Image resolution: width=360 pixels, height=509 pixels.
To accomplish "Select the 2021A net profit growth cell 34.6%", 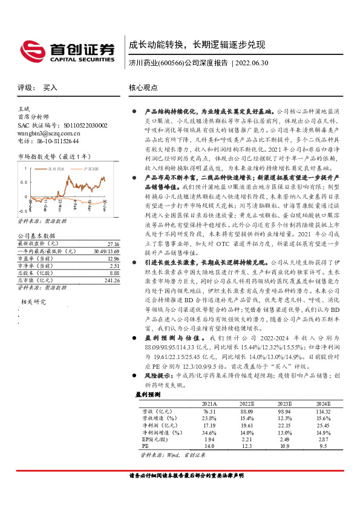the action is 209,432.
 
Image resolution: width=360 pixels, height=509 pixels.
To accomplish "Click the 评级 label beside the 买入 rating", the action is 24,88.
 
